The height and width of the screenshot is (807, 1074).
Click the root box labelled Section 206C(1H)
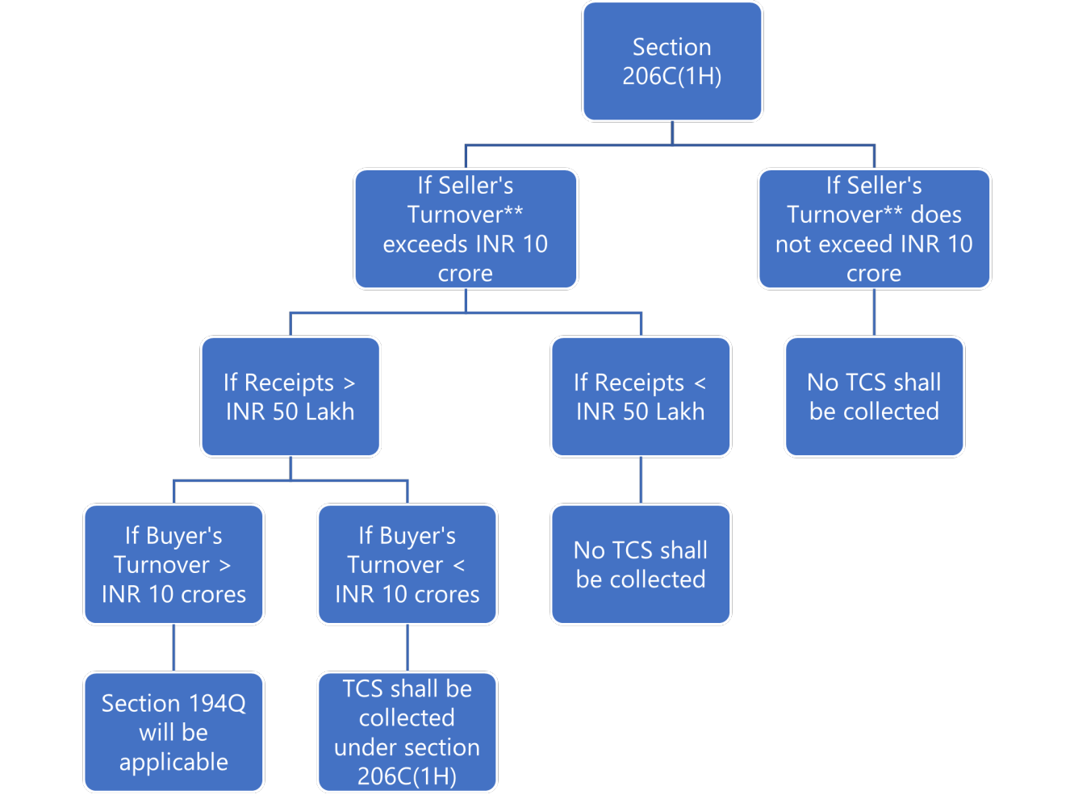tap(672, 61)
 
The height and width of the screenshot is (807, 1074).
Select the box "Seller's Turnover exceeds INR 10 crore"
tap(466, 229)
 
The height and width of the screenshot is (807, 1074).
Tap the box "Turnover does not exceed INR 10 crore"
tap(874, 229)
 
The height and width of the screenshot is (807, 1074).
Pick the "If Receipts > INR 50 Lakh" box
tap(290, 396)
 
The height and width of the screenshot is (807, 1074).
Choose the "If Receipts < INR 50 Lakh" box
tap(641, 396)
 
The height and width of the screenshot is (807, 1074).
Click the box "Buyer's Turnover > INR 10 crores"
tap(173, 564)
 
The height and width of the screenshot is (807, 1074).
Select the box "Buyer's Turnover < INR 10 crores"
tap(407, 564)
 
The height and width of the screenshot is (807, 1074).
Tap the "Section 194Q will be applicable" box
tap(173, 732)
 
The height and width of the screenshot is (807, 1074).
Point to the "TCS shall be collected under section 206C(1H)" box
tap(407, 732)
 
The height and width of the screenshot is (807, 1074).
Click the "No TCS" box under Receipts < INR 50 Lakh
tap(641, 564)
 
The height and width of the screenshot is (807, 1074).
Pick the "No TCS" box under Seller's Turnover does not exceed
tap(874, 396)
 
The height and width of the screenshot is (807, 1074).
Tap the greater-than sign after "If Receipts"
tap(349, 383)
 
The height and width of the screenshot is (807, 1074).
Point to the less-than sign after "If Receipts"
tap(700, 383)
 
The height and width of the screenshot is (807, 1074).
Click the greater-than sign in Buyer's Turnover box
tap(225, 566)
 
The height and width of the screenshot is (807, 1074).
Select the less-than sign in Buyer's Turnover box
tap(459, 566)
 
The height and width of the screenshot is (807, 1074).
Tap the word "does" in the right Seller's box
tap(936, 215)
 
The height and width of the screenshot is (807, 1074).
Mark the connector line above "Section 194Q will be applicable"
tap(173, 648)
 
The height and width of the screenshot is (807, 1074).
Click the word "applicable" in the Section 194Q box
tap(173, 762)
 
